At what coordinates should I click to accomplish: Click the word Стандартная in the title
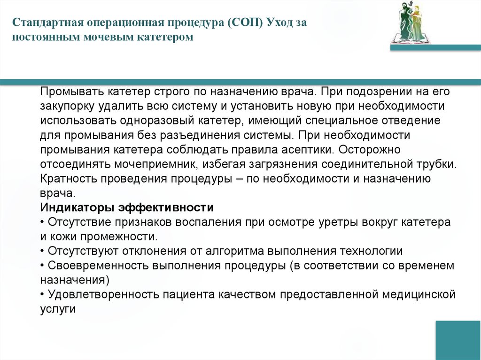pyautogui.click(x=46, y=23)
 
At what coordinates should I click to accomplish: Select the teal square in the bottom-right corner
pyautogui.click(x=458, y=340)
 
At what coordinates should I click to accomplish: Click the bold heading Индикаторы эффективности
pyautogui.click(x=127, y=208)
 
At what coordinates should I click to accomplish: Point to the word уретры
pyautogui.click(x=349, y=222)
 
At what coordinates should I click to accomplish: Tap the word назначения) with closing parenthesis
pyautogui.click(x=74, y=280)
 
